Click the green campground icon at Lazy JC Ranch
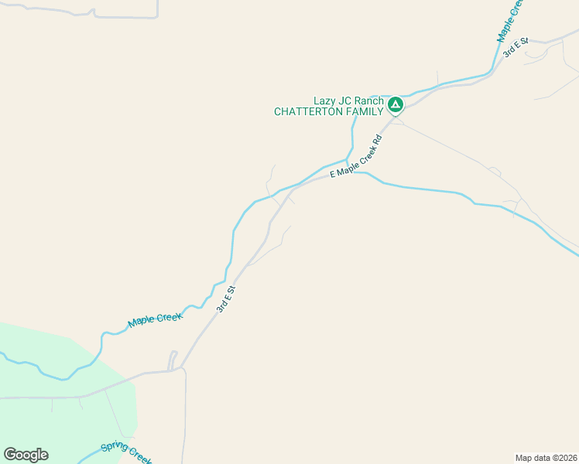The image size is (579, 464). (x=396, y=104)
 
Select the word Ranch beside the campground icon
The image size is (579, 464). (x=369, y=101)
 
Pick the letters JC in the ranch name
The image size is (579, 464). (x=346, y=101)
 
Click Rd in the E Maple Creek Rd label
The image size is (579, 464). (x=378, y=142)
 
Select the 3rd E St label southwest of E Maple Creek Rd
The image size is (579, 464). (x=225, y=299)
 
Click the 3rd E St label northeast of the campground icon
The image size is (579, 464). (x=515, y=46)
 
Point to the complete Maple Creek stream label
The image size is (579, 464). (x=156, y=319)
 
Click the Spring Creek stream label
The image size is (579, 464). (x=126, y=454)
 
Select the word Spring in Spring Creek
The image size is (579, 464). (x=113, y=450)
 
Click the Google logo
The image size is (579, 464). (x=26, y=455)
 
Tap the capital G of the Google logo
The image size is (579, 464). (x=9, y=454)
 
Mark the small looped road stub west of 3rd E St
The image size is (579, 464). (x=173, y=360)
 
